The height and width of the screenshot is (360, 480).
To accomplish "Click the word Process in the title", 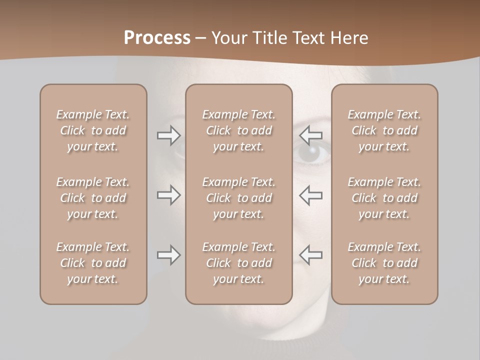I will coord(157,38).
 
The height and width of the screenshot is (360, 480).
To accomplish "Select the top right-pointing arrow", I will coord(168,135).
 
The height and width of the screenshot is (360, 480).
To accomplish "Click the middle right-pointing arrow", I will coord(168,195).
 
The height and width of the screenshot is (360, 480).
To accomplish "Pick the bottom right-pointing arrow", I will coord(168,255).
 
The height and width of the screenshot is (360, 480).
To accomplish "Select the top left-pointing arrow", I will coord(311,135).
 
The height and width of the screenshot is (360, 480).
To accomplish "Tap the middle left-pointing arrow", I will coord(311,195).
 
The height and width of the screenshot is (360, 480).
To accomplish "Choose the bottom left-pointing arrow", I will coord(311,255).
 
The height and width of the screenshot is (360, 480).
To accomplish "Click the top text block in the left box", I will coord(93,130).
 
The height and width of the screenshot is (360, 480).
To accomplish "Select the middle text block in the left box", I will coord(93,198).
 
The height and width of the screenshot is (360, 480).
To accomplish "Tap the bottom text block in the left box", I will coord(93,263).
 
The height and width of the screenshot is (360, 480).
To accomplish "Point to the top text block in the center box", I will coord(238,130).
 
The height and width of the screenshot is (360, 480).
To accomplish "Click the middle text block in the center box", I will coord(238,198).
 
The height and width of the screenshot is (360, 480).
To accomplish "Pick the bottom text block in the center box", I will coord(238,263).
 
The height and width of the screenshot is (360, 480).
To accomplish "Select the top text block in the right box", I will coord(384,130).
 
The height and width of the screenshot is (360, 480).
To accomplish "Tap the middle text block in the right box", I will coord(384,198).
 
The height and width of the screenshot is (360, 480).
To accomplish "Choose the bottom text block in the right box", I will coord(384,263).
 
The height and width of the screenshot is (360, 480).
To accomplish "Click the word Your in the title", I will coord(229,38).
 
